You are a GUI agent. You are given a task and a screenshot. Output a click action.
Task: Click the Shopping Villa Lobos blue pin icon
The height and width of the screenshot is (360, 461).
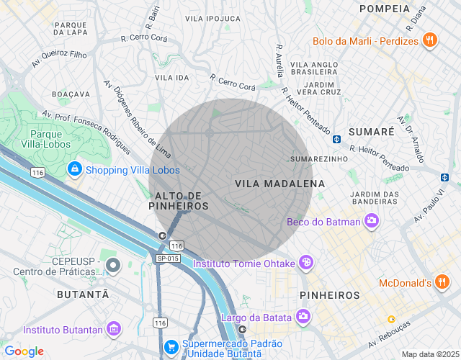(74, 170)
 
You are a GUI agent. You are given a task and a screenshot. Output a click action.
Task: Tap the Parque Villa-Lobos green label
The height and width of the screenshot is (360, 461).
(50, 139)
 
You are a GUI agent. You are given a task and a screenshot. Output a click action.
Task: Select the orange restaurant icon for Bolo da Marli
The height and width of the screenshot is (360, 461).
(429, 41)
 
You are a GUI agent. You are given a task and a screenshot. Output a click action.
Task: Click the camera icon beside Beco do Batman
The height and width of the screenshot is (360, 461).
(372, 222)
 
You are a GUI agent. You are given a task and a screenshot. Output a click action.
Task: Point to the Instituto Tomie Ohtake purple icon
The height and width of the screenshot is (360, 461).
(307, 264)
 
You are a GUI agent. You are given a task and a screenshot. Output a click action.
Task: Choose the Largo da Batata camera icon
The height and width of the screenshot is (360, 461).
(303, 317)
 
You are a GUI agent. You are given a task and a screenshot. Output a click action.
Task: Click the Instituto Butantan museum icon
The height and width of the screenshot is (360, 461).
(113, 330)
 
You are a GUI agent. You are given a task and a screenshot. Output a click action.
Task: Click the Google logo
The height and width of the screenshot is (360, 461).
(24, 351)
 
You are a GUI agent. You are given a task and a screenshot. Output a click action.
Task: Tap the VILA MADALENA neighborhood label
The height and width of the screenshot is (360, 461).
(280, 184)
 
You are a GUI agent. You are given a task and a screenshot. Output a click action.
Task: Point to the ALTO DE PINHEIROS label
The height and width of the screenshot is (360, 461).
(179, 201)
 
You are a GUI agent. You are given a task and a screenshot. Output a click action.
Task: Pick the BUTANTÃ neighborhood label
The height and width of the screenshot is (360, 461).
(83, 295)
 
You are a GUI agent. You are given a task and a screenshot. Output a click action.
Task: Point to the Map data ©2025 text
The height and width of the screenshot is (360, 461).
(430, 354)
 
